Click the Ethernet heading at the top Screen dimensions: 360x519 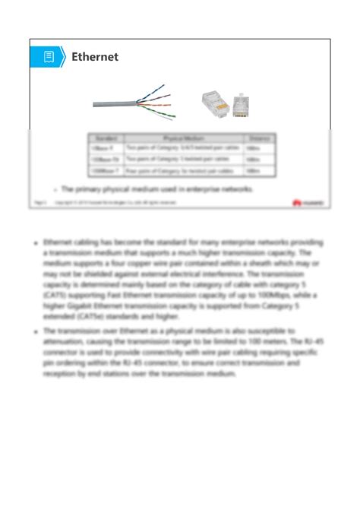[95, 57]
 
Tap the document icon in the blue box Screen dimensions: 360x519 [49, 57]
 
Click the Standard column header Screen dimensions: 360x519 [106, 138]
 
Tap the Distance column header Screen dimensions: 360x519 [259, 138]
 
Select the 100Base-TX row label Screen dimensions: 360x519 [106, 160]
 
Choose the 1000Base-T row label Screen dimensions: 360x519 [106, 170]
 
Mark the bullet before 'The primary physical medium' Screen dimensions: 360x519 [55, 189]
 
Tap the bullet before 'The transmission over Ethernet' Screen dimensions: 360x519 [36, 331]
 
